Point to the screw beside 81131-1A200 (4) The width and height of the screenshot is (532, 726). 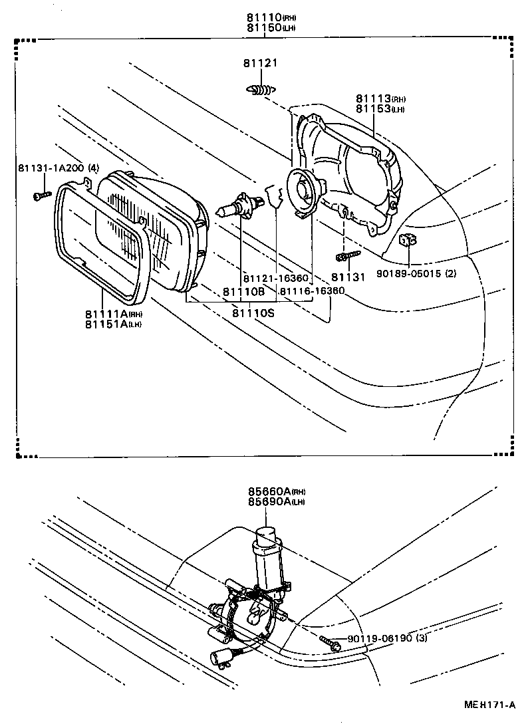[x=41, y=195]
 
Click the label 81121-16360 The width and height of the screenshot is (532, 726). [x=275, y=278]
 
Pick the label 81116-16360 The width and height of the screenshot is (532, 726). [x=312, y=291]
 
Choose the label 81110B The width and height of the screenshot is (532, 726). [x=243, y=291]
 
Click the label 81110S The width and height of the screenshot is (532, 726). [x=253, y=312]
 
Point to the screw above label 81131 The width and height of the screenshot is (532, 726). [x=347, y=256]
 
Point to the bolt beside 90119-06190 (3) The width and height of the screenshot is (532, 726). [x=331, y=642]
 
